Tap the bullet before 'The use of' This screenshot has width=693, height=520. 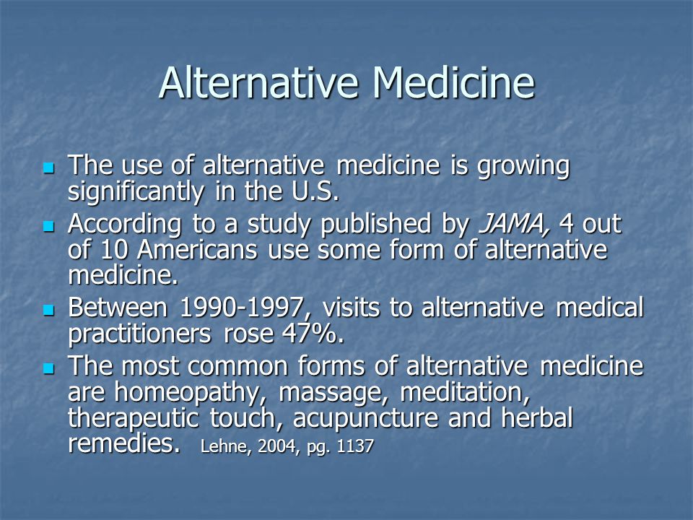pyautogui.click(x=48, y=168)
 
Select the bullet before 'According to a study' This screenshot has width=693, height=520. pyautogui.click(x=48, y=226)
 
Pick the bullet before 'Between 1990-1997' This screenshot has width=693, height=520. pyautogui.click(x=48, y=310)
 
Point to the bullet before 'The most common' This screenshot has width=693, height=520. pyautogui.click(x=48, y=368)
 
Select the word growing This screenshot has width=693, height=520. pyautogui.click(x=524, y=167)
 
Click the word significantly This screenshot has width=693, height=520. pyautogui.click(x=136, y=193)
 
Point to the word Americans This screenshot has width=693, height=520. pyautogui.click(x=197, y=250)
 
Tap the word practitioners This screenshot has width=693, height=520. pyautogui.click(x=139, y=334)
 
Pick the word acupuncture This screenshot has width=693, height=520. pyautogui.click(x=365, y=419)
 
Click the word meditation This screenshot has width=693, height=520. pyautogui.click(x=464, y=393)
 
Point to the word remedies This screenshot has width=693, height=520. pyautogui.click(x=124, y=443)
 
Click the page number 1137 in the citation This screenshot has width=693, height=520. pyautogui.click(x=355, y=446)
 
